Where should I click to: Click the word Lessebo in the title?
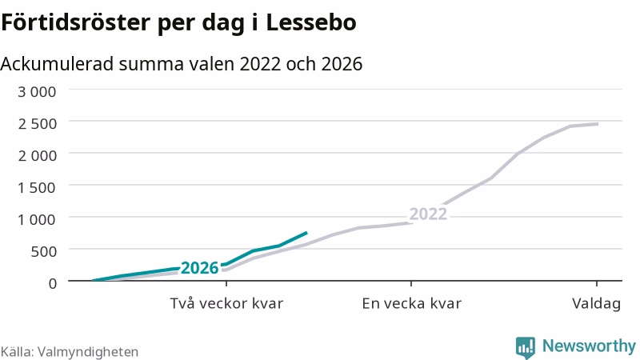click(x=311, y=22)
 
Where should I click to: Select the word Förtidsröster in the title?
click(x=75, y=22)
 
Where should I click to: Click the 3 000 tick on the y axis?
click(x=37, y=91)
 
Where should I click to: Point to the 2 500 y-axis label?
click(x=37, y=123)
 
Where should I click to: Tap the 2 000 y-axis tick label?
click(x=37, y=155)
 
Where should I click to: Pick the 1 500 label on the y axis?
click(x=37, y=187)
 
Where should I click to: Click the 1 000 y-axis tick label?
click(x=37, y=219)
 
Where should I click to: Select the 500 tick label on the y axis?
click(x=44, y=251)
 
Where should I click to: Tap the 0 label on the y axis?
click(x=53, y=283)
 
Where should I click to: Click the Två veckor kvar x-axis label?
click(x=226, y=304)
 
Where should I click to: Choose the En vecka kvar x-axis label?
click(x=411, y=304)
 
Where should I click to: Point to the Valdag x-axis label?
click(x=596, y=304)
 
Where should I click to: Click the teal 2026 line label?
click(x=200, y=268)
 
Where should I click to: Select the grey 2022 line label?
click(x=428, y=214)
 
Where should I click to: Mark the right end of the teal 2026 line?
click(x=306, y=233)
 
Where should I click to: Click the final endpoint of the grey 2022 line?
click(x=598, y=124)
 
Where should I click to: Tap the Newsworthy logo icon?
click(x=526, y=347)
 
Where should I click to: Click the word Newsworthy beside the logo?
click(x=589, y=346)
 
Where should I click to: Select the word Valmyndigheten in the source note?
click(x=88, y=352)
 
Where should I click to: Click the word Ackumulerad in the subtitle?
click(x=57, y=64)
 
